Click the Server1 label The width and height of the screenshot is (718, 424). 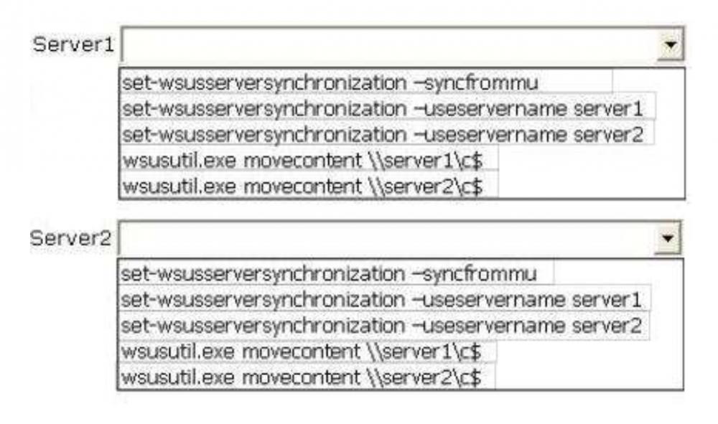(73, 45)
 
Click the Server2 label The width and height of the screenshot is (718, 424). (71, 239)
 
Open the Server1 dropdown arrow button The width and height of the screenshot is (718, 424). (671, 45)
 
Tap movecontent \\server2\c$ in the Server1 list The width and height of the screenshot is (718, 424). (309, 186)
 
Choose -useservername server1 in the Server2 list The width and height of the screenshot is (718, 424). (384, 298)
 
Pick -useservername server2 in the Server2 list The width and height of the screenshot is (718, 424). (384, 324)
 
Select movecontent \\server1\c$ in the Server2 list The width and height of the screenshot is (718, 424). (307, 352)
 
